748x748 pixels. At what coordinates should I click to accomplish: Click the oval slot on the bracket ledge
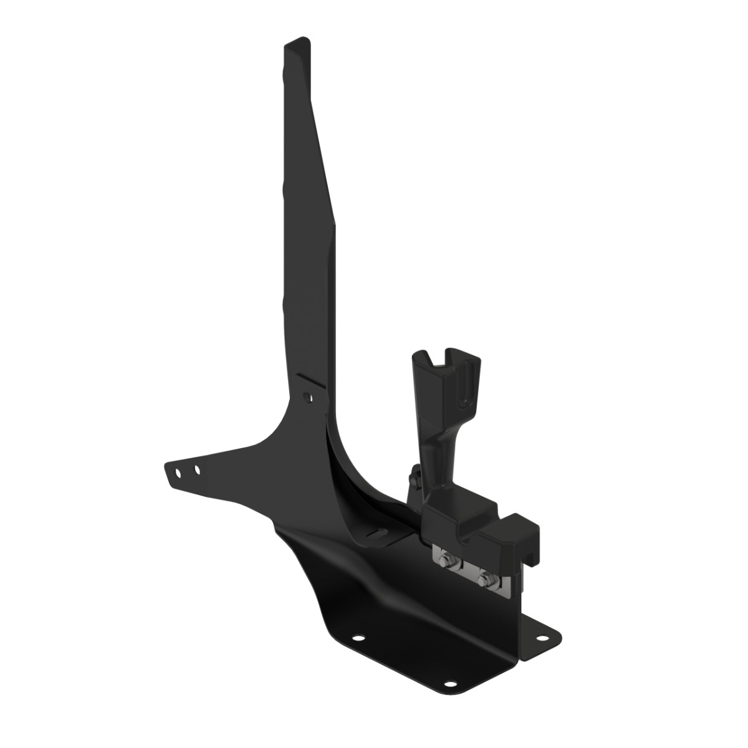coord(376,532)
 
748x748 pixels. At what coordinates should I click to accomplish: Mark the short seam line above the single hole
coord(312,381)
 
